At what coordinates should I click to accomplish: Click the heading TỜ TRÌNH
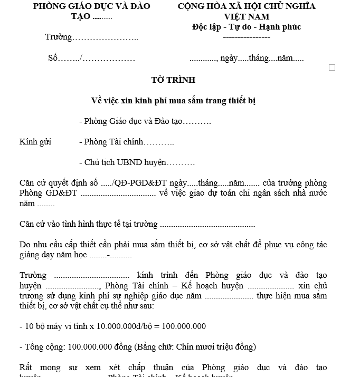tap(173, 80)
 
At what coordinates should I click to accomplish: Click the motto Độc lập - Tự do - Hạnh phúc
tap(247, 27)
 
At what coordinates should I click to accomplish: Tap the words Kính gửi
tap(35, 142)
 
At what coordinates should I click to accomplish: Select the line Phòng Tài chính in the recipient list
tap(126, 142)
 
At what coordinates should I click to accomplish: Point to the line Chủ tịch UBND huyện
tap(136, 163)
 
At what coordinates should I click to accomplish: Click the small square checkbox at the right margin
tap(332, 67)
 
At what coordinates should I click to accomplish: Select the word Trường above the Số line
tap(58, 37)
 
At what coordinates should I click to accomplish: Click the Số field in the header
tap(91, 58)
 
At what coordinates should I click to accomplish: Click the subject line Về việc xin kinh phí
tap(173, 100)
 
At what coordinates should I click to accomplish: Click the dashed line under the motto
tap(247, 37)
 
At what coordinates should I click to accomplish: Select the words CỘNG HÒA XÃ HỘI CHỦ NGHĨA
tap(247, 6)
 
